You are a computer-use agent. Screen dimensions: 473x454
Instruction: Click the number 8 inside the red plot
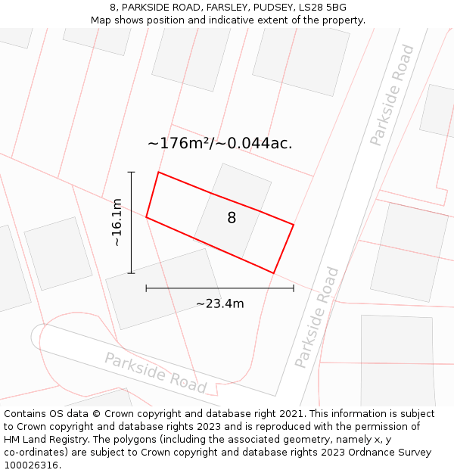[232, 218]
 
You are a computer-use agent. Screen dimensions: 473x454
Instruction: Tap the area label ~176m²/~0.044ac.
[219, 143]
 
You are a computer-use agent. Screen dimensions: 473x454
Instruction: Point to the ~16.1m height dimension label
[117, 222]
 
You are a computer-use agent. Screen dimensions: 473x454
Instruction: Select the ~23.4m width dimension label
[219, 303]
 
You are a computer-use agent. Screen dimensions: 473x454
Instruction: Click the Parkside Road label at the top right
[392, 95]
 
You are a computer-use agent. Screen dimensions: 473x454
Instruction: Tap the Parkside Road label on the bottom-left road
[155, 372]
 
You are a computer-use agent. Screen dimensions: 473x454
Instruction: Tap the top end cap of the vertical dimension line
[132, 173]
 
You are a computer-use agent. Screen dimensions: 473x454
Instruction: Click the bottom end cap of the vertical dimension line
[132, 273]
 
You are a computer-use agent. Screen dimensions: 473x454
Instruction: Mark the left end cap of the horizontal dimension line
[146, 288]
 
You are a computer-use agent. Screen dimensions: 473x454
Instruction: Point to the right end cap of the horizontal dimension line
[294, 288]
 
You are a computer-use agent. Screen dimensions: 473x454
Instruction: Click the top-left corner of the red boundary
[158, 173]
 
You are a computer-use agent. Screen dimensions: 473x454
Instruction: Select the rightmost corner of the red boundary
[294, 225]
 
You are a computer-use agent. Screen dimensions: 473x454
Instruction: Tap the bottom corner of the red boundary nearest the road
[273, 273]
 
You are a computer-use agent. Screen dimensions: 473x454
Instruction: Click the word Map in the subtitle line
[101, 20]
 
